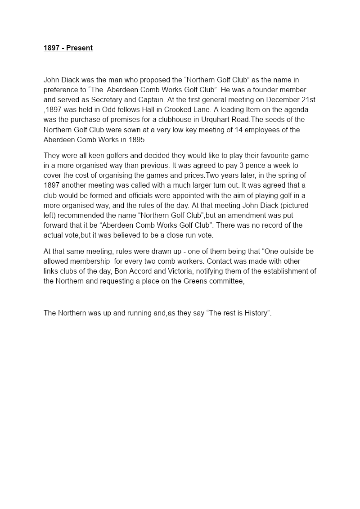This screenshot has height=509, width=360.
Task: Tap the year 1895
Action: tap(136, 140)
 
